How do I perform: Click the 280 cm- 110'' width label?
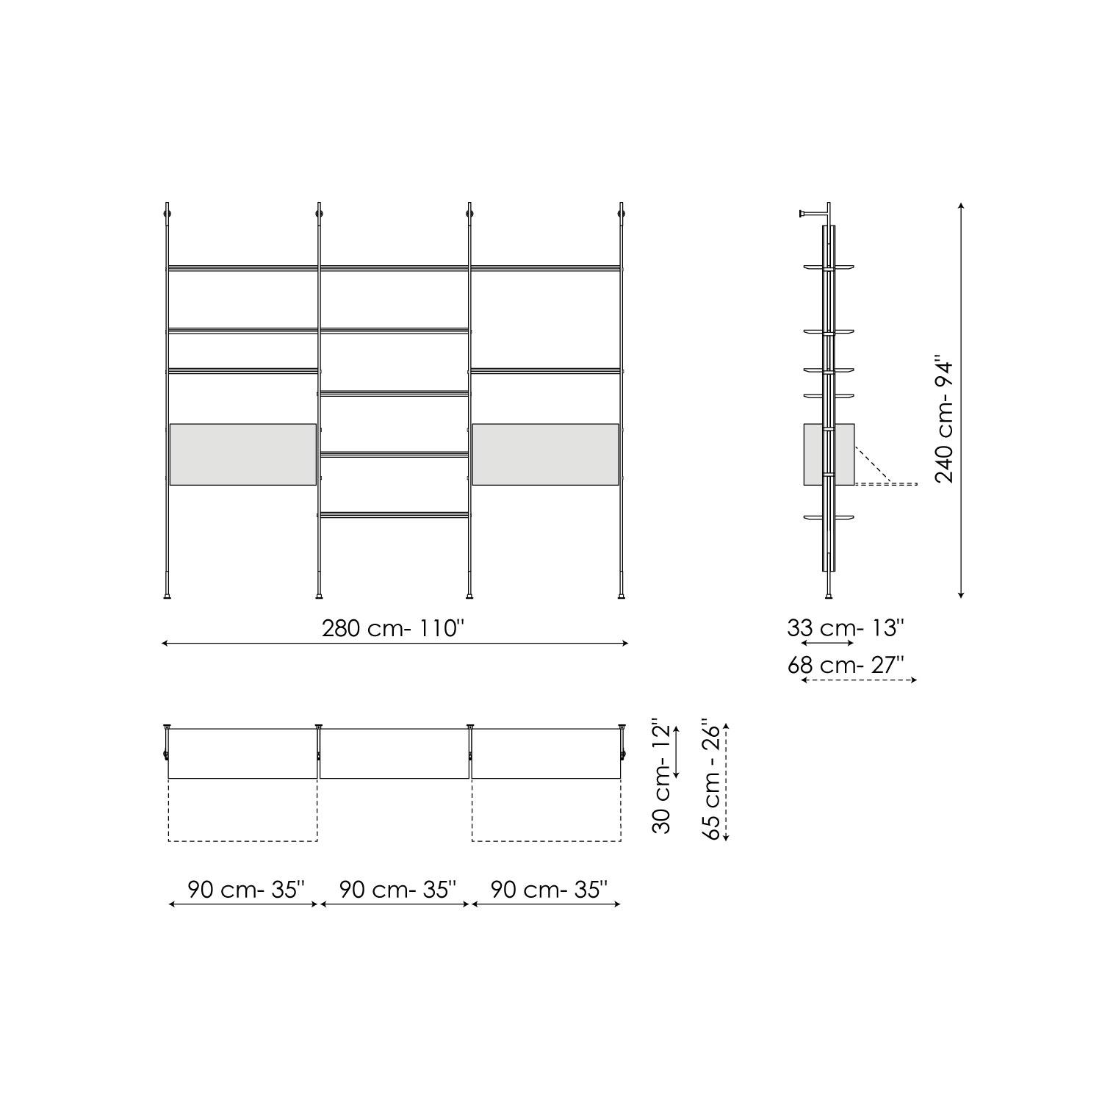pos(394,628)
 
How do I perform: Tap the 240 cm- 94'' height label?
pos(944,419)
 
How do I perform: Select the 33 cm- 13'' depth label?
pos(845,628)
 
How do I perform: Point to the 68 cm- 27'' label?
pos(845,665)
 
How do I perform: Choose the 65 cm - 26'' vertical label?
pos(710,779)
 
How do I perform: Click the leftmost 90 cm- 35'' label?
pos(245,889)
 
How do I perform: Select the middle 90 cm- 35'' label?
pos(397,889)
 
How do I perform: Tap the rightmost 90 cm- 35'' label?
pos(549,889)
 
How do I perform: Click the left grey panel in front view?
pos(243,454)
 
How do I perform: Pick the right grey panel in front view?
pos(545,454)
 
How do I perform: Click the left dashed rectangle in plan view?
pos(243,810)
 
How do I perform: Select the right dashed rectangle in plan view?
pos(546,810)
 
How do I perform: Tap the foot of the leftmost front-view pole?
pos(168,596)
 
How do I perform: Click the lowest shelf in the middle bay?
pos(394,514)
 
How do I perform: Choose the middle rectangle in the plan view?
pos(395,753)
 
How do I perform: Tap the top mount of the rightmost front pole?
pos(622,213)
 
